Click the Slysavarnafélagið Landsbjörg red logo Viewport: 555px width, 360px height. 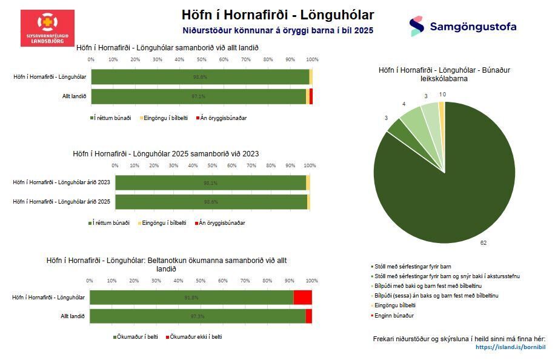pyautogui.click(x=47, y=28)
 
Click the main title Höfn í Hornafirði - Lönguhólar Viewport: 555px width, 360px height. pyautogui.click(x=277, y=15)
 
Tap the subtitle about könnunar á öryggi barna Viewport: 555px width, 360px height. pyautogui.click(x=277, y=29)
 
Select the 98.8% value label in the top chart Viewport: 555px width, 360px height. pyautogui.click(x=200, y=77)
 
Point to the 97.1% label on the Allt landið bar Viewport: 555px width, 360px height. pyautogui.click(x=199, y=96)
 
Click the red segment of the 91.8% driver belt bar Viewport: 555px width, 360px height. pyautogui.click(x=302, y=297)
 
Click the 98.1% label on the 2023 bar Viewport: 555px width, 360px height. pyautogui.click(x=210, y=182)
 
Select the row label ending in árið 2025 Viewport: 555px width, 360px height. pyautogui.click(x=62, y=201)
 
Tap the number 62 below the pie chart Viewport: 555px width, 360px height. pyautogui.click(x=484, y=242)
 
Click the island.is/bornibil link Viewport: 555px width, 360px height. pyautogui.click(x=510, y=347)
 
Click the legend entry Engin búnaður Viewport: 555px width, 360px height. pyautogui.click(x=396, y=316)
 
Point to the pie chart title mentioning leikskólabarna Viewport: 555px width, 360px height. pyautogui.click(x=444, y=74)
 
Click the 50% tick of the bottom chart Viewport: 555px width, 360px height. pyautogui.click(x=201, y=281)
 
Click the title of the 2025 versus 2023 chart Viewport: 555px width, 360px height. pyautogui.click(x=165, y=153)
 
